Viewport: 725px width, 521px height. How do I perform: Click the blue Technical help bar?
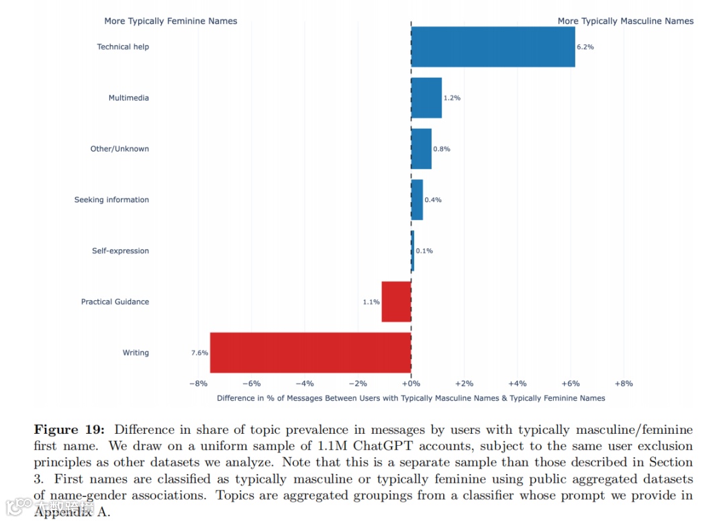[x=493, y=47]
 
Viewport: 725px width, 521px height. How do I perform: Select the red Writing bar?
[x=310, y=352]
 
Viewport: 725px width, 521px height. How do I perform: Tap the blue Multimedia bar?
[x=426, y=98]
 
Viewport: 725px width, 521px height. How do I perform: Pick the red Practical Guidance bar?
[x=396, y=301]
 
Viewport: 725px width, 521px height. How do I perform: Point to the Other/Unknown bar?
[x=421, y=149]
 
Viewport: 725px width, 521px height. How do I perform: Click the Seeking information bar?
[x=417, y=200]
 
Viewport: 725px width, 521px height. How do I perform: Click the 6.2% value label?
[x=585, y=47]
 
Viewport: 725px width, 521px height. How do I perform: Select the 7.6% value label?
[x=199, y=352]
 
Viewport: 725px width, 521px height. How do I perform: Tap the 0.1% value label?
[x=424, y=251]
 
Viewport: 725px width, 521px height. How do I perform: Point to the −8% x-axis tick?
[x=198, y=383]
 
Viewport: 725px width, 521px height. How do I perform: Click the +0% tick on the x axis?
[x=411, y=383]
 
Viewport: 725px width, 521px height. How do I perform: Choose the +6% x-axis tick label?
[x=571, y=383]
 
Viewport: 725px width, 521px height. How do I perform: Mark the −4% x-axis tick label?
[x=305, y=383]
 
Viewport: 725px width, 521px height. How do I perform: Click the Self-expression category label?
[x=120, y=251]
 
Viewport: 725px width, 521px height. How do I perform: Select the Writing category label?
[x=136, y=352]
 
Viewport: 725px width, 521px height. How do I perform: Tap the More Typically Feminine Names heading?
[x=171, y=21]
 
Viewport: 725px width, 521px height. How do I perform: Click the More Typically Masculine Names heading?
[x=626, y=21]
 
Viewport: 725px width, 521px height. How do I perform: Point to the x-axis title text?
[x=411, y=398]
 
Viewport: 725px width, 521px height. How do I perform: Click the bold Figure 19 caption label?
[x=69, y=430]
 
